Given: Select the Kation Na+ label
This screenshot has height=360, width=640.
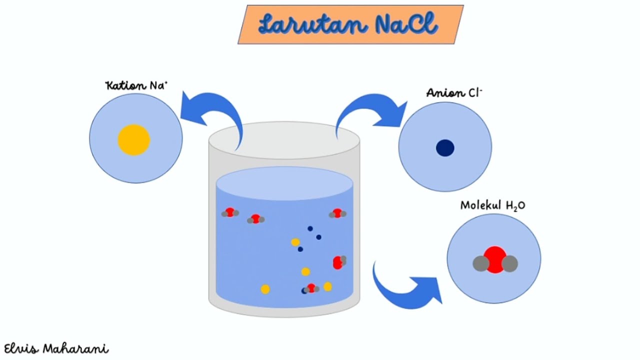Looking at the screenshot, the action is pyautogui.click(x=136, y=85).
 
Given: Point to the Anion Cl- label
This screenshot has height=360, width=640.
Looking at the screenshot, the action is pyautogui.click(x=454, y=93).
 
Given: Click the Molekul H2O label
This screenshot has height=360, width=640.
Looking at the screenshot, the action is pyautogui.click(x=492, y=205).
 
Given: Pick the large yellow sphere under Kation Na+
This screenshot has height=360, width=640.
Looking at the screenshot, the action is pyautogui.click(x=134, y=140).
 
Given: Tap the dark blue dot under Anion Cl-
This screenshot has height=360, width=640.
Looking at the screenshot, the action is pyautogui.click(x=445, y=148).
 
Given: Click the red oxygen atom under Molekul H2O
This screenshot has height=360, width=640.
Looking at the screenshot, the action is pyautogui.click(x=495, y=259).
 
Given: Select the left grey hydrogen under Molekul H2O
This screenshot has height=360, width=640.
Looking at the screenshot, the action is pyautogui.click(x=481, y=263).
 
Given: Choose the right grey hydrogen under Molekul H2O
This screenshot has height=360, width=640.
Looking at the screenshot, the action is pyautogui.click(x=509, y=263).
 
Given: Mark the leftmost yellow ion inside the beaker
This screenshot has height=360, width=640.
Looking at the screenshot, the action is pyautogui.click(x=265, y=289).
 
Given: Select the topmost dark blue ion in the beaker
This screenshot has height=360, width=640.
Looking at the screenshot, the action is pyautogui.click(x=310, y=228).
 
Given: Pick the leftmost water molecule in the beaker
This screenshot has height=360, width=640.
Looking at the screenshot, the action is pyautogui.click(x=230, y=213).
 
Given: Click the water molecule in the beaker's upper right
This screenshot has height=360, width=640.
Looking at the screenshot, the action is pyautogui.click(x=337, y=213).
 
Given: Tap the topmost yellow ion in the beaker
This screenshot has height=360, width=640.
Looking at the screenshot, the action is pyautogui.click(x=295, y=242).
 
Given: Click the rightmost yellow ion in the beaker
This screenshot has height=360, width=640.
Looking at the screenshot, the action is pyautogui.click(x=327, y=286).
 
